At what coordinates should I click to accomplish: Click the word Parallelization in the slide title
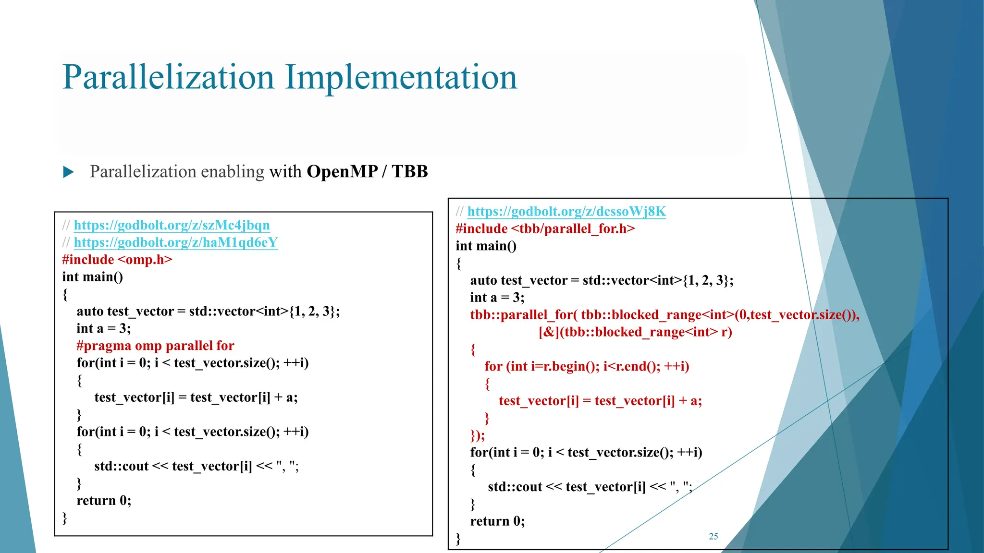point(168,78)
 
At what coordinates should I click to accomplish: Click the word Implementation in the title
point(401,78)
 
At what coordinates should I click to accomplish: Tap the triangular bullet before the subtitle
point(69,172)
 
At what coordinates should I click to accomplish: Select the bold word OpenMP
point(342,171)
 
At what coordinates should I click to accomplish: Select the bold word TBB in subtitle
point(409,171)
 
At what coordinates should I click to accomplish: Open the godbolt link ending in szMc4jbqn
point(172,225)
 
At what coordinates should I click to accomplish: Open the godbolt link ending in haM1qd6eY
point(175,242)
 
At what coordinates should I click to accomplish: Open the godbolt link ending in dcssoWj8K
point(566,212)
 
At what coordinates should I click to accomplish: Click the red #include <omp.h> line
point(117,260)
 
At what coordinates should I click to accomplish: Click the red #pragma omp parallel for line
point(155,346)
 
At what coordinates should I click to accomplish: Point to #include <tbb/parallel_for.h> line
point(545,229)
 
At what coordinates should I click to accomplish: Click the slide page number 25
point(713,536)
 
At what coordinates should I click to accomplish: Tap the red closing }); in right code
point(478,435)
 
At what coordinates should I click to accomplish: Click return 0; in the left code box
point(104,501)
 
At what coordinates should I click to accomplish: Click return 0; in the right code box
point(497,521)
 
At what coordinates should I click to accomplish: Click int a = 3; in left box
point(104,329)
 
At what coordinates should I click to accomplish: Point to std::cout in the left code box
point(121,466)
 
